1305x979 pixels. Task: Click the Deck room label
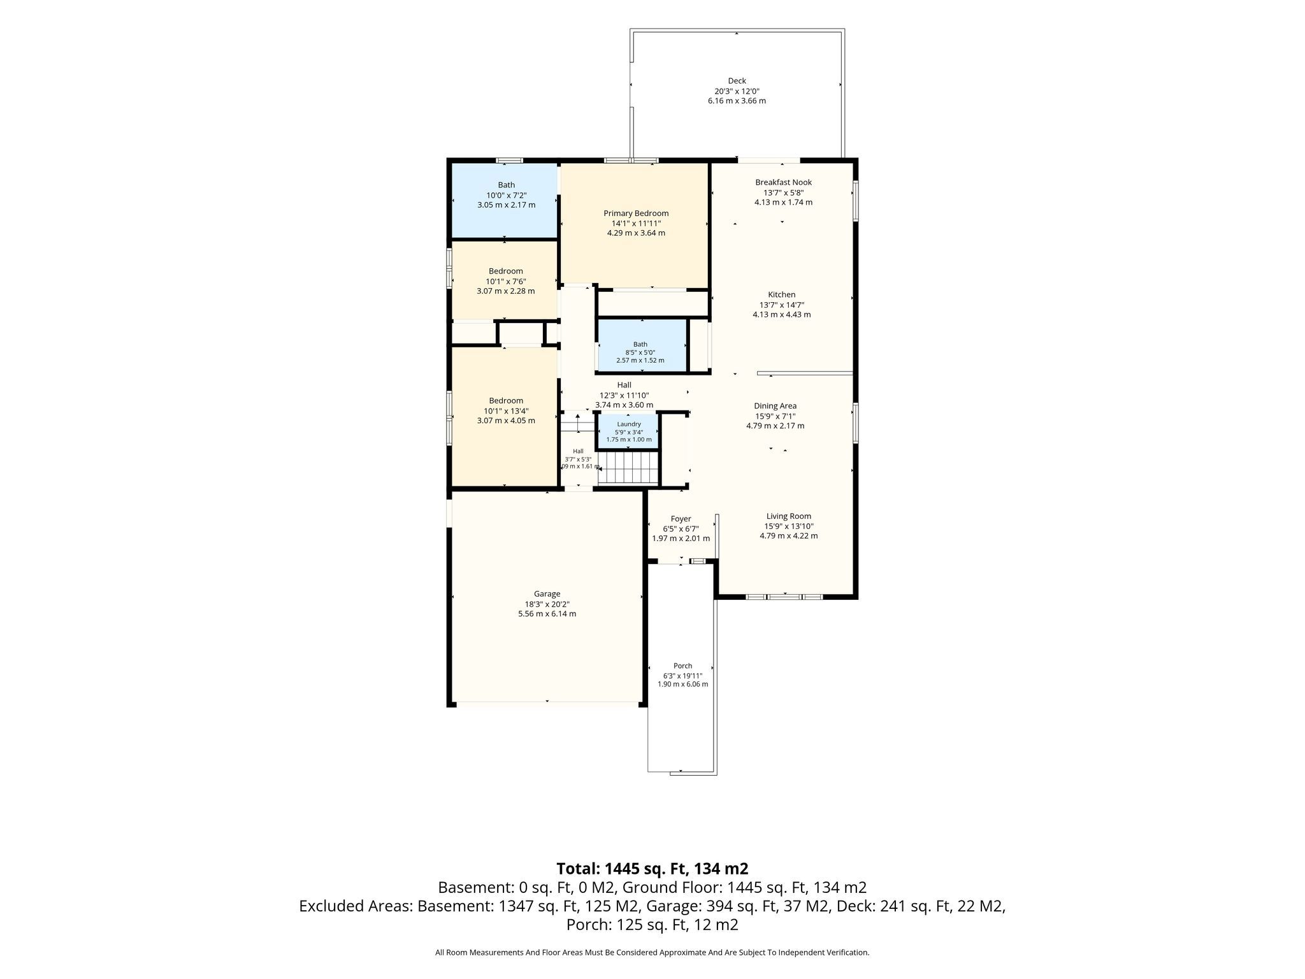(737, 81)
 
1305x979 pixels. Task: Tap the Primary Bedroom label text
(636, 214)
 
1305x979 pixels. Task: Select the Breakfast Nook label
(783, 182)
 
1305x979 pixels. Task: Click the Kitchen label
(781, 294)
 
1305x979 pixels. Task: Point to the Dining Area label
(775, 406)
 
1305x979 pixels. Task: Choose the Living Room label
(788, 516)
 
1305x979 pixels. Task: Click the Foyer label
(681, 519)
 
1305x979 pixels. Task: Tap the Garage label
(547, 594)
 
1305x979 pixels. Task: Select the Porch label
(682, 666)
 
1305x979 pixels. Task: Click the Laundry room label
(628, 424)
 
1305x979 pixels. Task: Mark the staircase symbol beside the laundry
(630, 468)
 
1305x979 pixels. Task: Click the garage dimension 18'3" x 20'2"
(547, 604)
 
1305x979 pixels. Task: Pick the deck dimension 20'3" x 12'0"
(737, 91)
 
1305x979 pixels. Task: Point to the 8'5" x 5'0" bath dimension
(640, 352)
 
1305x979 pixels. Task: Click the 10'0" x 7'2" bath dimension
(506, 195)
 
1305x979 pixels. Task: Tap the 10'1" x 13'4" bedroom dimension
(506, 411)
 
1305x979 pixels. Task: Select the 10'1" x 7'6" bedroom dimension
(506, 281)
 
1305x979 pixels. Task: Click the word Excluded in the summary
(329, 906)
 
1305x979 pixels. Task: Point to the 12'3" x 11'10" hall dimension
(624, 395)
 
